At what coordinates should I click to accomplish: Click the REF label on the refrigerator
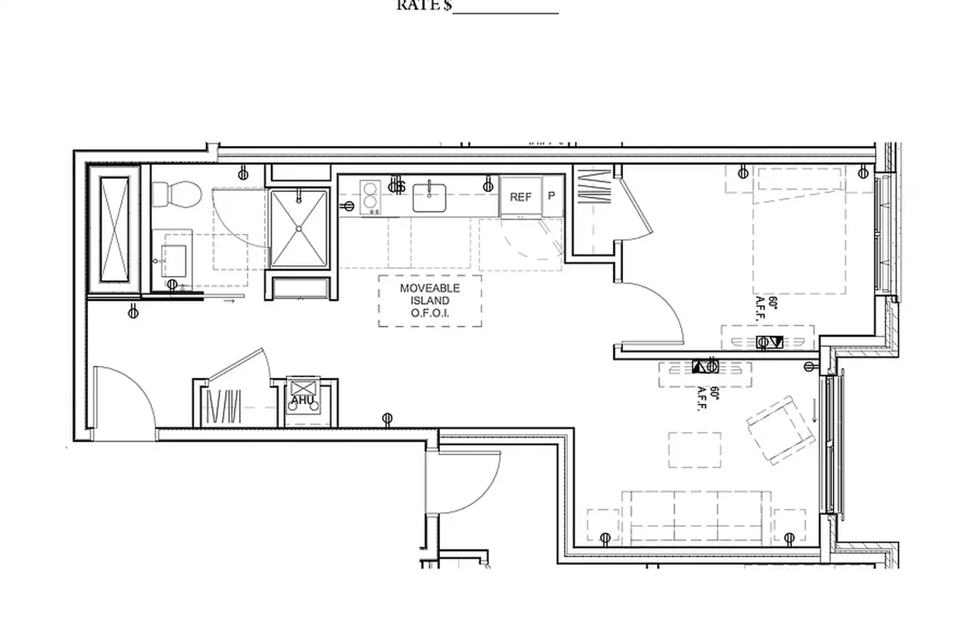coord(520,197)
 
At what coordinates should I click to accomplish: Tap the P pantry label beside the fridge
coord(552,196)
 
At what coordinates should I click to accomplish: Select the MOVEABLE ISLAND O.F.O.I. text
coord(429,301)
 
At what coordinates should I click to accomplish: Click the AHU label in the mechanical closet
coord(303,400)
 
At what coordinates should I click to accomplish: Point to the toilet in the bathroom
coord(177,194)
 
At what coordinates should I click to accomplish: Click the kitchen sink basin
coord(429,198)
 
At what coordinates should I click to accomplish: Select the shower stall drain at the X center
coord(299,229)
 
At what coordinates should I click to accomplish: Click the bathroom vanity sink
coord(174,260)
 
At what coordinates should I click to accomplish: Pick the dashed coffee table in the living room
coord(694,450)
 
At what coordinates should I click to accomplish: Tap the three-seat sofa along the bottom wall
coord(696,518)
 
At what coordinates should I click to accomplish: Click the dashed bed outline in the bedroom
coord(799,241)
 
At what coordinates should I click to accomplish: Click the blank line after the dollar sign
coord(505,10)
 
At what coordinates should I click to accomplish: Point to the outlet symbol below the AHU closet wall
coord(387,419)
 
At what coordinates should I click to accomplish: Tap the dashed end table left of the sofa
coord(603,526)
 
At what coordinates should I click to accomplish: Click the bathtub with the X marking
coord(115,229)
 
